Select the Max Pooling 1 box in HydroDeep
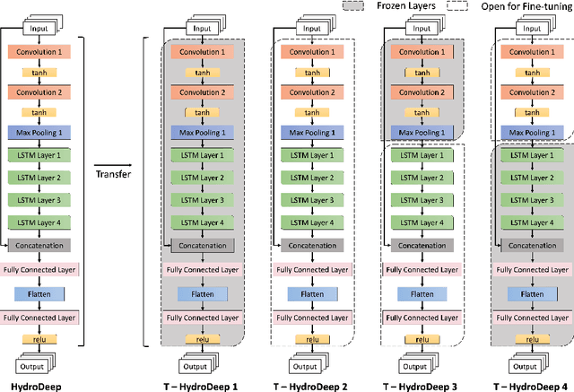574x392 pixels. [44, 132]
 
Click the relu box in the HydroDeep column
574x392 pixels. [44, 338]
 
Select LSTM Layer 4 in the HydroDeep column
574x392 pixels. [44, 222]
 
